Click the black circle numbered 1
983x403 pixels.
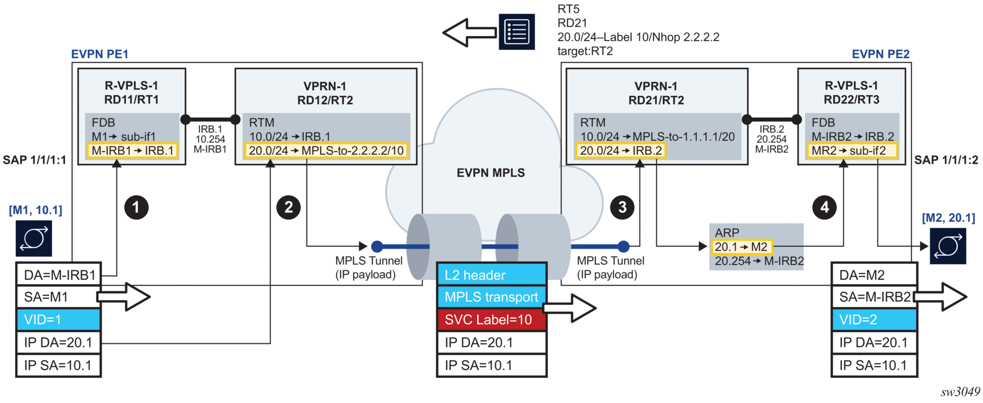tap(136, 208)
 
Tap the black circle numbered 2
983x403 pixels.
tap(288, 208)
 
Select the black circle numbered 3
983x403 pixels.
tap(622, 208)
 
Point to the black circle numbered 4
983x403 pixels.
tap(824, 208)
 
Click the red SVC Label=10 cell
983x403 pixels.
tap(492, 320)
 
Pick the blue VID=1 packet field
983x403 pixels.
tap(59, 320)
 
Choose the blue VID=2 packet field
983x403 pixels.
tap(874, 320)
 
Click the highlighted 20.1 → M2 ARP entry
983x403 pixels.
tap(741, 247)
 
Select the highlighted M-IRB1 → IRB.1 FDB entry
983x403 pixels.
tap(132, 151)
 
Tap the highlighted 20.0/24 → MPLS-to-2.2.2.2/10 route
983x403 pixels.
tap(326, 151)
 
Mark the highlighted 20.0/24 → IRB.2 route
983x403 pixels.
tap(620, 151)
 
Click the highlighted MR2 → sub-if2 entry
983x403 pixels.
tap(852, 151)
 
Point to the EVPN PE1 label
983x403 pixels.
tap(100, 54)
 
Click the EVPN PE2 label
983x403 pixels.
tap(880, 54)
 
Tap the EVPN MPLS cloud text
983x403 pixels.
tap(490, 173)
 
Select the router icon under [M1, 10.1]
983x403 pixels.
tap(34, 238)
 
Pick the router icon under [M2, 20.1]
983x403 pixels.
tap(947, 246)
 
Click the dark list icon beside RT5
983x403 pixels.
tap(517, 32)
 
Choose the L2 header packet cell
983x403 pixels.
tap(492, 275)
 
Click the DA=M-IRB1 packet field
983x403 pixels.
tap(59, 275)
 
